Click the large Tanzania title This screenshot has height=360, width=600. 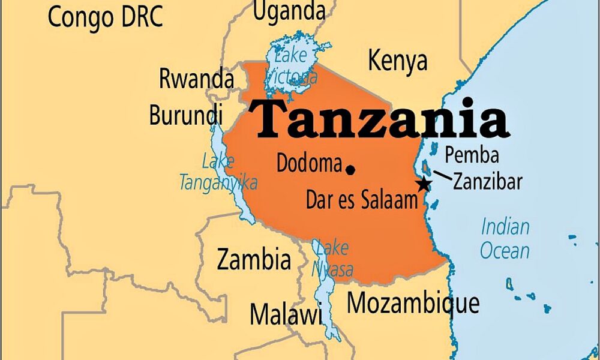379,119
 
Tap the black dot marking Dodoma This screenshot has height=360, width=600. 350,170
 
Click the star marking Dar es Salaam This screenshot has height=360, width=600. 424,184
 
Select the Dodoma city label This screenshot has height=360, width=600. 309,163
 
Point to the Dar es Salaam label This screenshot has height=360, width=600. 361,200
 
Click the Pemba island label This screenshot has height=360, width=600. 472,155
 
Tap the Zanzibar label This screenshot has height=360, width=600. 487,181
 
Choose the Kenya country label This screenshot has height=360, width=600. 397,61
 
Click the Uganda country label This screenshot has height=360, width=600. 289,10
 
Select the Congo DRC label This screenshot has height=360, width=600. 105,17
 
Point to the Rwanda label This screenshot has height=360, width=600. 196,79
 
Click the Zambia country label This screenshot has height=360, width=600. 254,259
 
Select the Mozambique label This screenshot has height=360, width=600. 413,304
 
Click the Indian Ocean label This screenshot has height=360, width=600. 505,238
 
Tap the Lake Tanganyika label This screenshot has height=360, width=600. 219,172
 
